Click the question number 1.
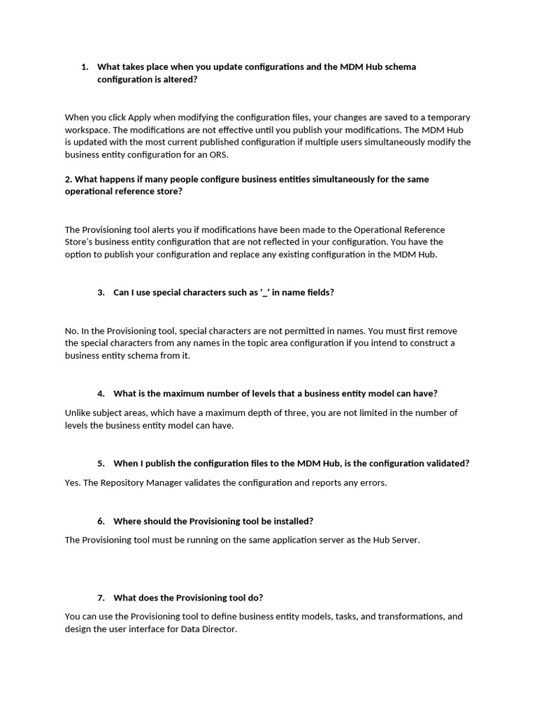[85, 67]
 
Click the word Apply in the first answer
[140, 117]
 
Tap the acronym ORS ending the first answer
[218, 155]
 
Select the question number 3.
[101, 293]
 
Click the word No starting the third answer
[71, 331]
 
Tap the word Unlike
[78, 413]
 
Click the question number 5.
[101, 464]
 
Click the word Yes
[72, 483]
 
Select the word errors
[372, 483]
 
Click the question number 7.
[101, 598]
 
